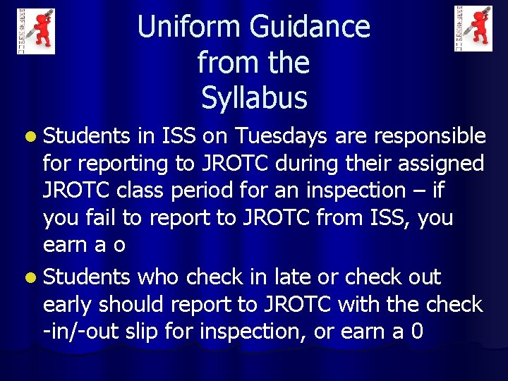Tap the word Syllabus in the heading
click(254, 97)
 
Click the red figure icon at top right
click(473, 28)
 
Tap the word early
click(68, 305)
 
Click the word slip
click(176, 332)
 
